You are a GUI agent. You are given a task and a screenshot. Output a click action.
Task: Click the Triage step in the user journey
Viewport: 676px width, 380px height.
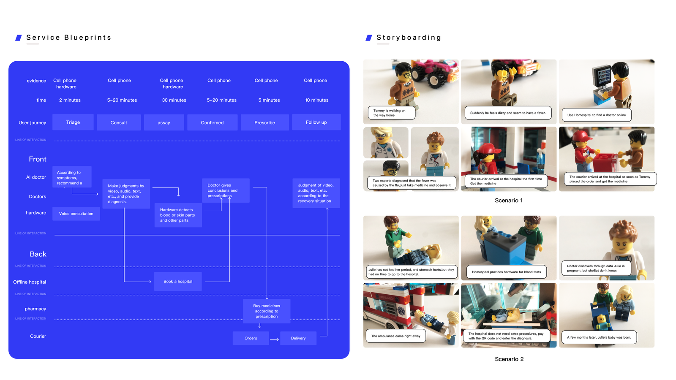coord(73,122)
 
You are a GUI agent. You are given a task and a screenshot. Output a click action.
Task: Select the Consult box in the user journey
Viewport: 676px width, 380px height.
coord(119,122)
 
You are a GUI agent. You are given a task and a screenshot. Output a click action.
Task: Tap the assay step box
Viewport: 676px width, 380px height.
coord(164,122)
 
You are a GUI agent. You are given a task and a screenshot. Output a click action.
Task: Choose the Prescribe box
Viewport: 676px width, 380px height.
coord(265,122)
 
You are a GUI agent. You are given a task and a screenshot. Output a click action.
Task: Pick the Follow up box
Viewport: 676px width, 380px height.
coord(316,122)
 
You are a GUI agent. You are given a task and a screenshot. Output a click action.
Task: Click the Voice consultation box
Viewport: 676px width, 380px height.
coord(76,214)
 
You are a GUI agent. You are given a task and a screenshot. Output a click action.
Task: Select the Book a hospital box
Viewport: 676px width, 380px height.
coord(178,282)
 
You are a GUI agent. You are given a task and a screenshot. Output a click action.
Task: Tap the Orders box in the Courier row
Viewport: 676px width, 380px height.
coord(251,338)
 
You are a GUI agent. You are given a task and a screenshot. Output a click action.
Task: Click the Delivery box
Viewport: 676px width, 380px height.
coord(298,338)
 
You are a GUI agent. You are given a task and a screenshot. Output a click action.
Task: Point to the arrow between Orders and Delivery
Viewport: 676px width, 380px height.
coord(274,339)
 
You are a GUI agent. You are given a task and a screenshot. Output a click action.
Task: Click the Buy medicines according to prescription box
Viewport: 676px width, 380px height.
coord(267,311)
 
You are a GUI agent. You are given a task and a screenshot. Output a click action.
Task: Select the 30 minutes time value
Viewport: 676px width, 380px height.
coord(174,100)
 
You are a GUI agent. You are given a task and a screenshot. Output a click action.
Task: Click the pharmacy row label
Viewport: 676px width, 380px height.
coord(35,309)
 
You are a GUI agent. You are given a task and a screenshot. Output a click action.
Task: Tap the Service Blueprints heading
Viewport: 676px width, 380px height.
coord(69,38)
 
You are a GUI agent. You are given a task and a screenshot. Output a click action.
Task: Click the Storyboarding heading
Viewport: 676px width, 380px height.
coord(409,38)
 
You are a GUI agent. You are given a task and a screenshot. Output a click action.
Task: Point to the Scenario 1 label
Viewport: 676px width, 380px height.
coord(509,201)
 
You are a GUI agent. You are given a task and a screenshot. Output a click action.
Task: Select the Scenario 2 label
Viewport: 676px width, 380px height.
coord(509,359)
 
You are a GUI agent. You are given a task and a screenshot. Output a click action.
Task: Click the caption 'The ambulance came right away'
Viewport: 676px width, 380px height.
coord(396,336)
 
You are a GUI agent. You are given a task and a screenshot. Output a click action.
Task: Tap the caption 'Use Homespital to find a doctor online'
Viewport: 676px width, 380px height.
coord(597,115)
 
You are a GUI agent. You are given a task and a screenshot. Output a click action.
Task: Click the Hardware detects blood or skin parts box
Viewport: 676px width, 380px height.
coord(178,215)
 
